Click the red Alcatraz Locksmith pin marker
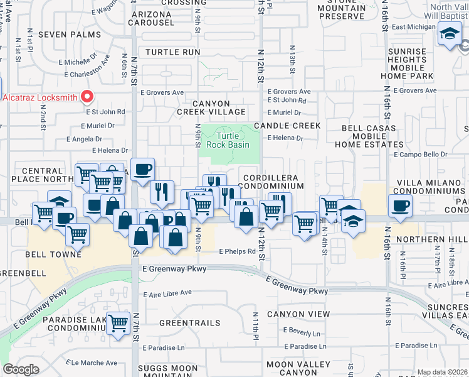coord(87,97)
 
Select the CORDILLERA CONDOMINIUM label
coord(273,182)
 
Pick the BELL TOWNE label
coord(53,254)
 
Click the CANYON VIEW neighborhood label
coord(298,314)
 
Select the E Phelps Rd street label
coord(237,251)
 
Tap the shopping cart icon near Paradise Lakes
coord(119,324)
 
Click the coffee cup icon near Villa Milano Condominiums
coord(399,204)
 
